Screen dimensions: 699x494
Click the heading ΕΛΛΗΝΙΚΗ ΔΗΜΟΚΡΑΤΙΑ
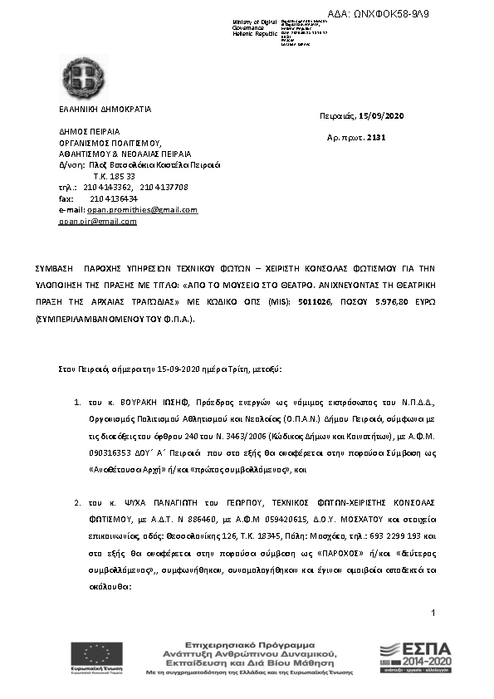click(x=105, y=109)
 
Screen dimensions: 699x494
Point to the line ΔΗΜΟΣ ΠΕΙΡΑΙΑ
click(x=89, y=131)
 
